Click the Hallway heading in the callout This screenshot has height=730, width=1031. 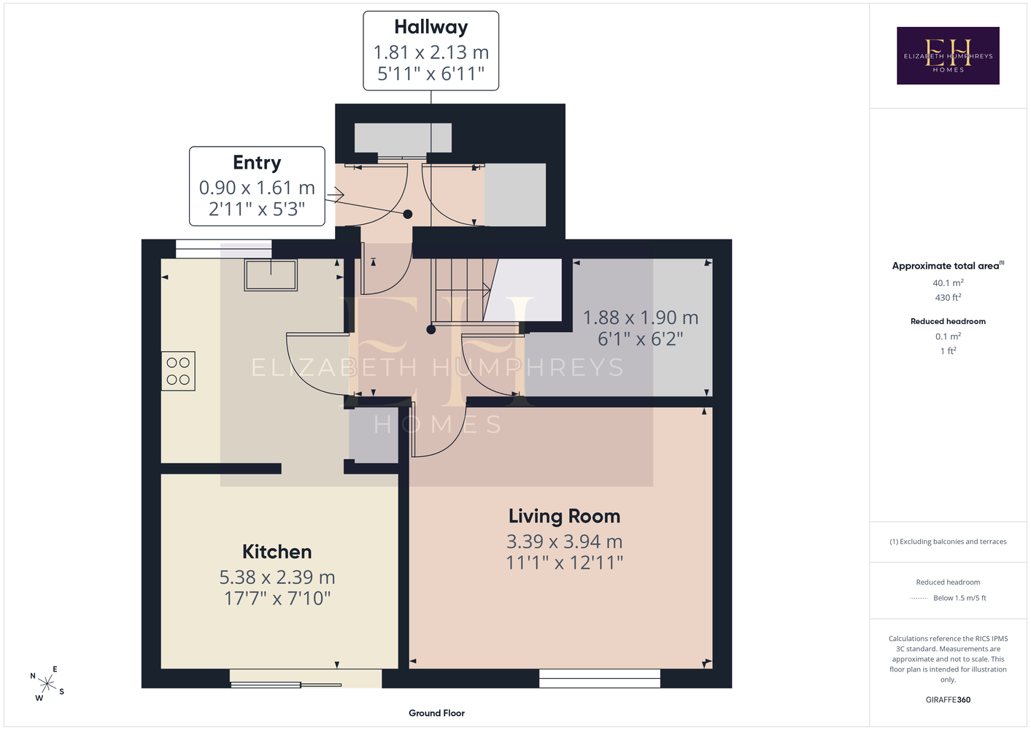point(430,27)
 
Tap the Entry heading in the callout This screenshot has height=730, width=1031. point(257,163)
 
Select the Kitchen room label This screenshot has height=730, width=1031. point(277,552)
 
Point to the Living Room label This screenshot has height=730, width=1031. point(564,517)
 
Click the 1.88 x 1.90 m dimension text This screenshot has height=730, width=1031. point(641,318)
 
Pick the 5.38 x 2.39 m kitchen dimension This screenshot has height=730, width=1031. point(277,577)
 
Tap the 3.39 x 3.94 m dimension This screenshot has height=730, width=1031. point(564,542)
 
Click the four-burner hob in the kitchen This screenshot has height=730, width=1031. point(178,372)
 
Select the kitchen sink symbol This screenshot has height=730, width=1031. point(271,275)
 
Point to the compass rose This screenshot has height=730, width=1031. point(47,683)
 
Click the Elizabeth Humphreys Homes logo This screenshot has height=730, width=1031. point(948,55)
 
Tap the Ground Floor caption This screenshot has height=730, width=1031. point(437,713)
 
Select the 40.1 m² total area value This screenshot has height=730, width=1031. point(948,283)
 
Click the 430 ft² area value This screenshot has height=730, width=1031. point(948,298)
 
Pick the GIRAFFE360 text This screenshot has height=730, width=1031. point(948,699)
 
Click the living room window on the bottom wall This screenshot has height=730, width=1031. point(599,678)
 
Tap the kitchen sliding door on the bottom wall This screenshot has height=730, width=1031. point(306,678)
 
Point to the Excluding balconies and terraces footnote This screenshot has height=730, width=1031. point(948,542)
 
